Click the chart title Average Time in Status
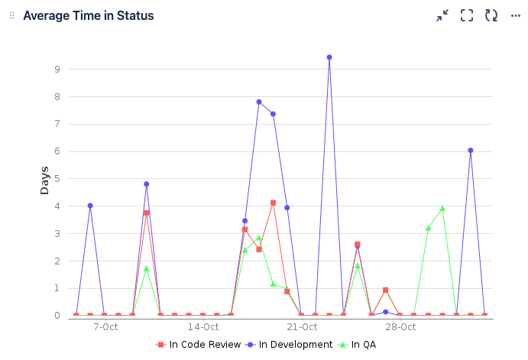(x=88, y=16)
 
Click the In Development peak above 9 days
(x=329, y=57)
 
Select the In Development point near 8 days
(x=259, y=102)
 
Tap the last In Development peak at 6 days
(x=471, y=151)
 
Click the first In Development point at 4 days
(x=90, y=206)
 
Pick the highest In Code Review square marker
(x=273, y=203)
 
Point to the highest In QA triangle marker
(x=442, y=209)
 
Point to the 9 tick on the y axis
(x=57, y=69)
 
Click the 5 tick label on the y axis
(x=57, y=178)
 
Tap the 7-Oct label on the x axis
(x=105, y=327)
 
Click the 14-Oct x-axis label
(x=203, y=327)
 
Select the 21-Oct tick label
(x=302, y=327)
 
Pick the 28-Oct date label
(x=400, y=327)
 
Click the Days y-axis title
(x=44, y=180)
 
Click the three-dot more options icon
(x=516, y=15)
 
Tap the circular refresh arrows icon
(x=491, y=15)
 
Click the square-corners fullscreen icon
(x=467, y=15)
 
